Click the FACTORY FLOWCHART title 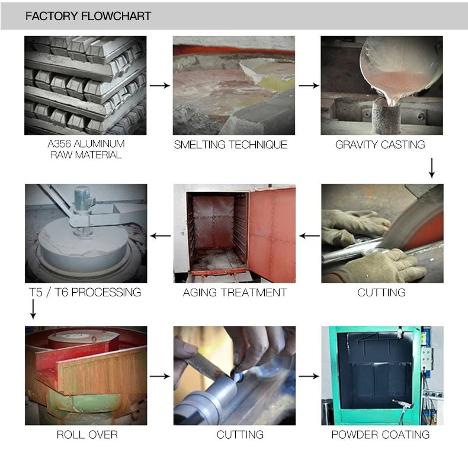coord(88,16)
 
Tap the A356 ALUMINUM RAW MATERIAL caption coord(86,149)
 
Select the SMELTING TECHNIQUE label coord(230,145)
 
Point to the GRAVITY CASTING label coord(380,145)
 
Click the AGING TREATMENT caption coord(235,292)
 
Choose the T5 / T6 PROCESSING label coord(85,292)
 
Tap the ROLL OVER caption coord(87,434)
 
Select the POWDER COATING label coord(380,434)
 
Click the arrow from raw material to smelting coord(160,86)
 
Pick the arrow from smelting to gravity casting coord(309,86)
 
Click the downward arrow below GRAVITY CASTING coord(432,168)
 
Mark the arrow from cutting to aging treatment coord(309,236)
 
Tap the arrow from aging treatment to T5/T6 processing coord(161,236)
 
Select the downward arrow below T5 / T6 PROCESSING coord(33,309)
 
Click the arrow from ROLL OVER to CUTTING coord(160,376)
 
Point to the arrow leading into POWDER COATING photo coord(309,376)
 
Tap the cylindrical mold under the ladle coord(386,117)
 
